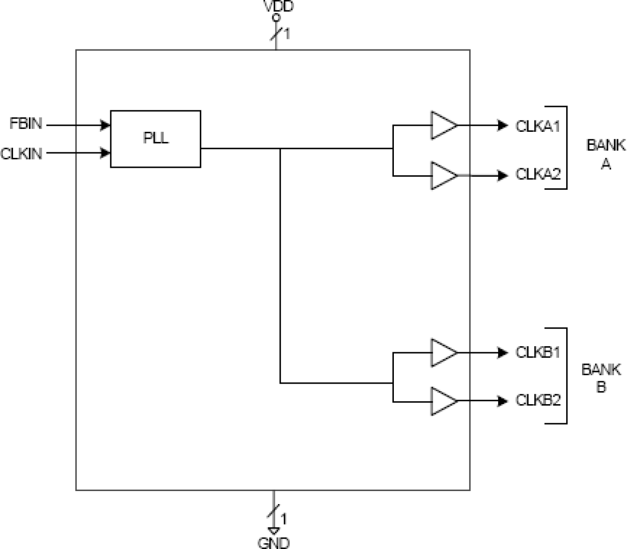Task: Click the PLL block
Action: pos(155,139)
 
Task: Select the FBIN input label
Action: pos(26,123)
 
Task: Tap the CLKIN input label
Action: pos(21,153)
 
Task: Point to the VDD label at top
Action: pos(278,6)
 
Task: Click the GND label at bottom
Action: pos(274,543)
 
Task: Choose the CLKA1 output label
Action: pos(538,126)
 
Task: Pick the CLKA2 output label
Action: pos(538,174)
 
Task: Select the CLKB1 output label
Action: pos(538,352)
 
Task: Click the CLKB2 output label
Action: pos(538,400)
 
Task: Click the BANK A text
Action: pos(605,154)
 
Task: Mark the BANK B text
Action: pos(601,378)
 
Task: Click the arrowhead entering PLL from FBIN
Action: pos(105,125)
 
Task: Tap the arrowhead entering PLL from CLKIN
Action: pos(105,153)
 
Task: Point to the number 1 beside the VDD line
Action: pos(287,34)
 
